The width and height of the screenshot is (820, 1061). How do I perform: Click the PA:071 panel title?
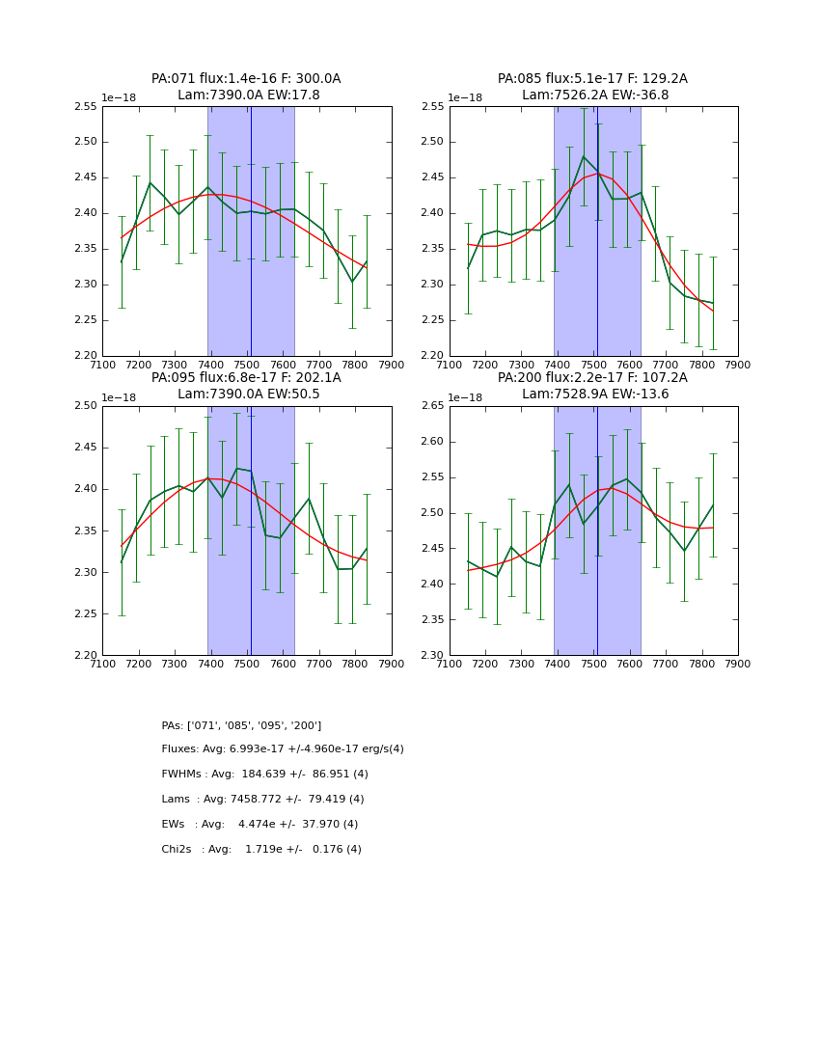(246, 79)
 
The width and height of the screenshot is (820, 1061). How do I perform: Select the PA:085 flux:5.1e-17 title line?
(592, 79)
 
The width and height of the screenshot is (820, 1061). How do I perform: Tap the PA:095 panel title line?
(246, 378)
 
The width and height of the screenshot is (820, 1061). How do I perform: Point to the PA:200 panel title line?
(592, 378)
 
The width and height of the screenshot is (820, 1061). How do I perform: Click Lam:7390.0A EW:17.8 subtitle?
(248, 95)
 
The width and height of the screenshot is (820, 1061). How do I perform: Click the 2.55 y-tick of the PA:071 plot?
(87, 106)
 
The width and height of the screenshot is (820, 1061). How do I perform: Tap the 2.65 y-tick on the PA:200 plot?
(434, 406)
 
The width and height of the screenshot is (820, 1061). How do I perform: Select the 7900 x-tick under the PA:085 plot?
(737, 365)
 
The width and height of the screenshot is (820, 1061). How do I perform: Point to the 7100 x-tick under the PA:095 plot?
(102, 664)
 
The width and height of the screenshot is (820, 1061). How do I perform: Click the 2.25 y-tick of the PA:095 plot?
(87, 613)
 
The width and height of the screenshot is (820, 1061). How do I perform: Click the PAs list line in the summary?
(241, 725)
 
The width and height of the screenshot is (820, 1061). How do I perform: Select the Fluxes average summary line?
(283, 749)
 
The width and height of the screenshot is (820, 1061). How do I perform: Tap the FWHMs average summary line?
(264, 775)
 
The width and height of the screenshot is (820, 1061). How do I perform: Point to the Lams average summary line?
(262, 800)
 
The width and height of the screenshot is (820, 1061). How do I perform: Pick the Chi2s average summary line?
(261, 850)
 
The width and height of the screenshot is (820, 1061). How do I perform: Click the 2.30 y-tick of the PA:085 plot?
(434, 285)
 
